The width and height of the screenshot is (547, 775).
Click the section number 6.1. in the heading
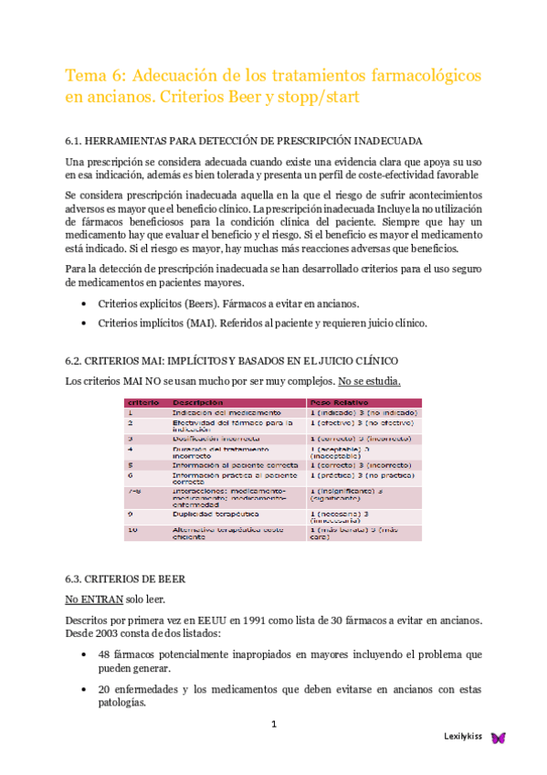click(x=76, y=142)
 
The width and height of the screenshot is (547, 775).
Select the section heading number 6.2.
click(x=76, y=362)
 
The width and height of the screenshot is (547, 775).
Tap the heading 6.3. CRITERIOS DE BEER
click(x=125, y=579)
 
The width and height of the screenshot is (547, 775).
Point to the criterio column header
click(x=143, y=402)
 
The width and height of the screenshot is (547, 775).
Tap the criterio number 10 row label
click(x=132, y=530)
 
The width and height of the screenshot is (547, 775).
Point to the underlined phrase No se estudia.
click(x=369, y=381)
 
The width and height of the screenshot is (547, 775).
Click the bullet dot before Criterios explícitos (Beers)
click(x=85, y=303)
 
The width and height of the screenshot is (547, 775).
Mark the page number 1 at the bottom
click(x=273, y=725)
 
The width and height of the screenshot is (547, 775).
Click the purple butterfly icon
click(x=498, y=738)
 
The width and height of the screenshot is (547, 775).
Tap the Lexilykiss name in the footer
click(x=463, y=737)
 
